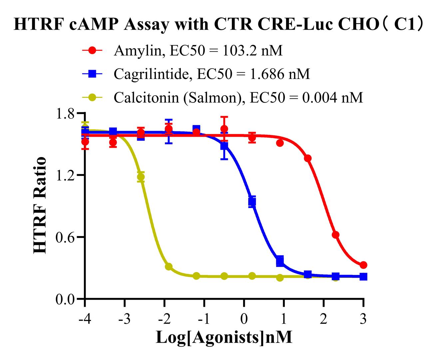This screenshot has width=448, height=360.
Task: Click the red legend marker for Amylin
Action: (93, 51)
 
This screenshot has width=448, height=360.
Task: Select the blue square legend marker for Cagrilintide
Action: (93, 74)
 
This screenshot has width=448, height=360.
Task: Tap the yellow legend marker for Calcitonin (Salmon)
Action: (93, 98)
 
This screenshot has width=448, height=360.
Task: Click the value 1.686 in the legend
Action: (267, 74)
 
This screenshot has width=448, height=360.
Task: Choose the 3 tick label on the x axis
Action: (363, 319)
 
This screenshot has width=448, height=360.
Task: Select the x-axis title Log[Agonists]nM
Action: (224, 337)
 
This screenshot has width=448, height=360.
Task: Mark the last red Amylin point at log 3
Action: (363, 265)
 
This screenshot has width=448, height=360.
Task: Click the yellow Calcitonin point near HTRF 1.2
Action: (141, 177)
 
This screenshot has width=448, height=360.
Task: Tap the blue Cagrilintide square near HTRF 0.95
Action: (252, 202)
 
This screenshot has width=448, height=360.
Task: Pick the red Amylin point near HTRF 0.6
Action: (335, 235)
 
